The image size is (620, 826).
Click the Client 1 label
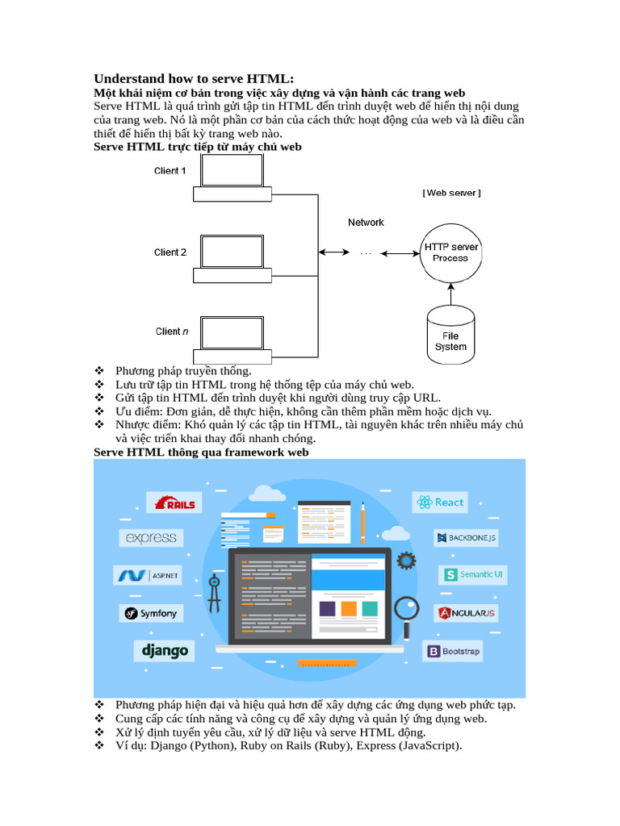pyautogui.click(x=170, y=171)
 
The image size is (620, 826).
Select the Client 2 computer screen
pyautogui.click(x=232, y=252)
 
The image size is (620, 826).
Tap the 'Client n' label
pyautogui.click(x=171, y=332)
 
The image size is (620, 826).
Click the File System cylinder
pyautogui.click(x=450, y=334)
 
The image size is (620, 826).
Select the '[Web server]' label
pyautogui.click(x=451, y=194)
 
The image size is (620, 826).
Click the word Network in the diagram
pyautogui.click(x=366, y=223)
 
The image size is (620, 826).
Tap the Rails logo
pyautogui.click(x=170, y=503)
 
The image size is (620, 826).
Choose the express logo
pyautogui.click(x=152, y=538)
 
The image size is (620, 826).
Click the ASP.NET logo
pyautogui.click(x=148, y=575)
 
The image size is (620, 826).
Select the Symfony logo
pyautogui.click(x=151, y=613)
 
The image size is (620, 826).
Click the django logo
pyautogui.click(x=165, y=651)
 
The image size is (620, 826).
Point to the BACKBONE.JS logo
pyautogui.click(x=466, y=537)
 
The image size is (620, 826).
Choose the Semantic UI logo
pyautogui.click(x=473, y=574)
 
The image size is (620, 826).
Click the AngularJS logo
pyautogui.click(x=466, y=613)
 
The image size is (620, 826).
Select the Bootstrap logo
pyautogui.click(x=453, y=651)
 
